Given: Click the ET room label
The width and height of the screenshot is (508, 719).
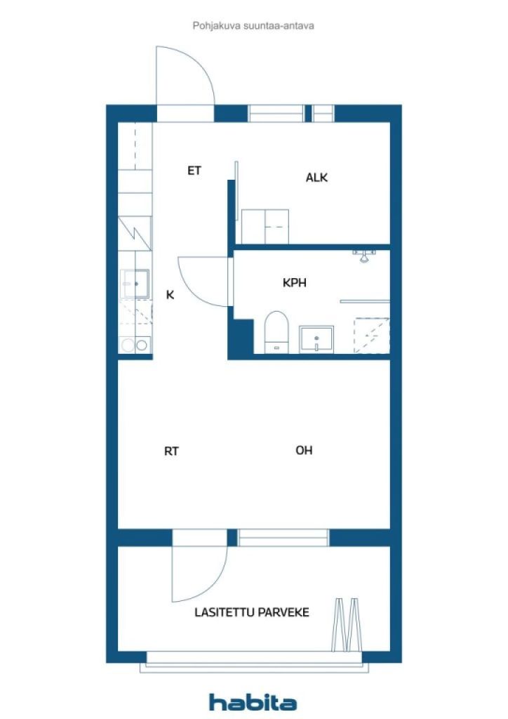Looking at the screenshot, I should (x=194, y=170).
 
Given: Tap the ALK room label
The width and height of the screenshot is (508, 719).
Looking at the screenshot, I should (x=316, y=178).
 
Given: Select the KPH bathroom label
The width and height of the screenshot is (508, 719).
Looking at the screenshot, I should (x=295, y=284).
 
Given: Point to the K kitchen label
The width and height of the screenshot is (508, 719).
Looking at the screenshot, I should (x=170, y=295).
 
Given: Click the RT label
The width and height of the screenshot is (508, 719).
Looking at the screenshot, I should (x=171, y=451).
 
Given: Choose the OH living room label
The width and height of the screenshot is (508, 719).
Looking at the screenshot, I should (x=304, y=451).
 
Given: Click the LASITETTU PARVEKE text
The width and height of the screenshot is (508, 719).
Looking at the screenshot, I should (x=251, y=612).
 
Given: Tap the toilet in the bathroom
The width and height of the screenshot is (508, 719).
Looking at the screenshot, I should (x=276, y=331).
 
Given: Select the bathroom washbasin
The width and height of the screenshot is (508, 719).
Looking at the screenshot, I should (x=316, y=339).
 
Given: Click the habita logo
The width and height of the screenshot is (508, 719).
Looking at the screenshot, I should (x=253, y=702).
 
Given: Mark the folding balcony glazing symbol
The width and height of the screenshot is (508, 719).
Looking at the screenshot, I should (x=348, y=624).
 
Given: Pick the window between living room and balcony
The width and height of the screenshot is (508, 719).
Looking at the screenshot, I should (x=283, y=538).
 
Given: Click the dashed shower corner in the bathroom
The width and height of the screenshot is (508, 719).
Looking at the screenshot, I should (x=371, y=334).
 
